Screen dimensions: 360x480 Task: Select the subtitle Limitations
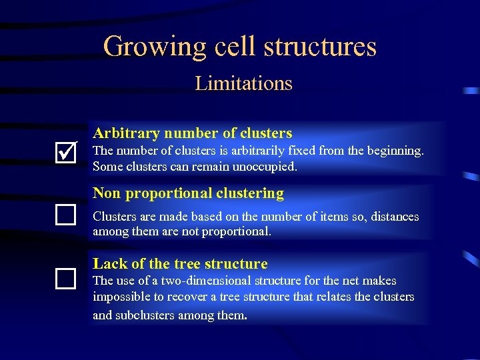coord(243,83)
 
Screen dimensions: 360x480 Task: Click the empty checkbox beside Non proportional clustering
coord(65,214)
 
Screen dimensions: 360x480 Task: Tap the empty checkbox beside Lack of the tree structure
coord(65,278)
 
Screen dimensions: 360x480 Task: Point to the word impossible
coord(119,297)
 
